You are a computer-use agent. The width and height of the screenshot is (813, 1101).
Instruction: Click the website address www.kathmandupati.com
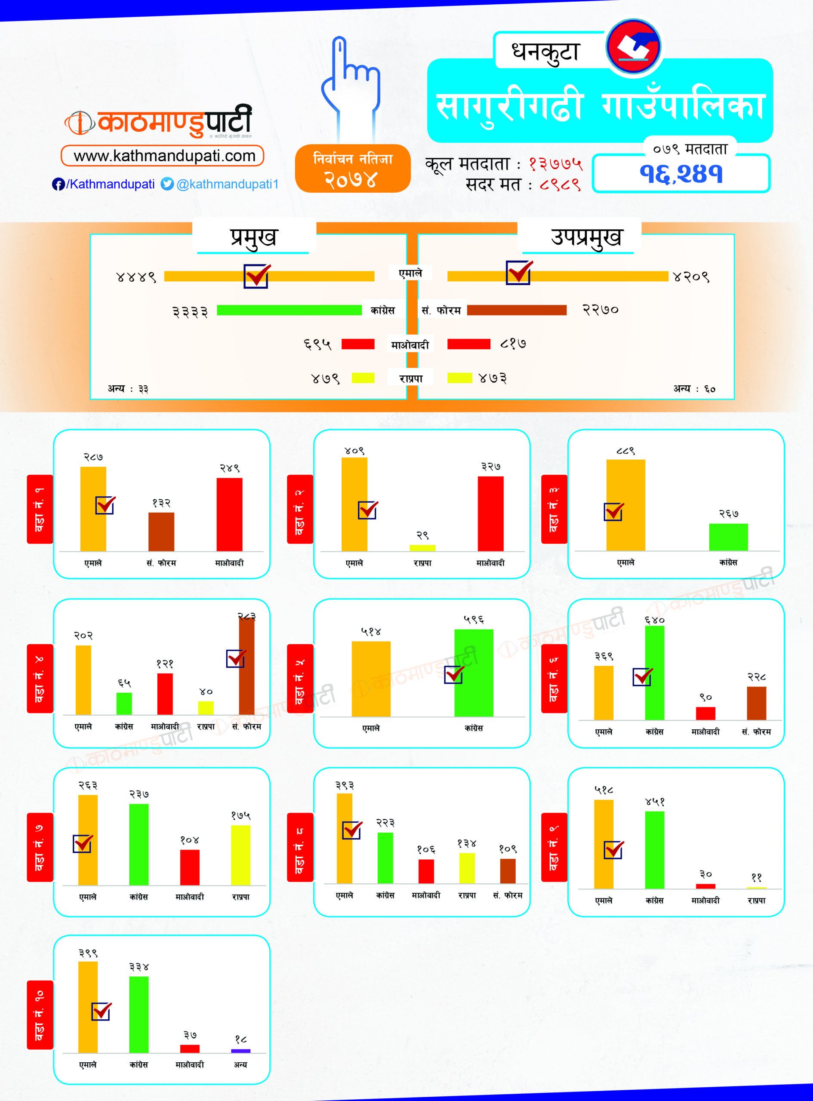[x=164, y=157]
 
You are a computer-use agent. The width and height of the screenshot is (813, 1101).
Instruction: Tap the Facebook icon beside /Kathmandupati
[x=58, y=185]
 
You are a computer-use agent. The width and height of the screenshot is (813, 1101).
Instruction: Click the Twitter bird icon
[x=167, y=184]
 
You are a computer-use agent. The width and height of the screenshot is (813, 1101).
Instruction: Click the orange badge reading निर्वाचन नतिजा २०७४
[x=352, y=169]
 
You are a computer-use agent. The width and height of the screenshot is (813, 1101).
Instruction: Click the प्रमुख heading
[x=253, y=237]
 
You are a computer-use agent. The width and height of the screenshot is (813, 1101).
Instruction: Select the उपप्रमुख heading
[x=585, y=237]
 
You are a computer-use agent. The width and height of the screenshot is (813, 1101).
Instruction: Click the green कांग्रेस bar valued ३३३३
[x=289, y=311]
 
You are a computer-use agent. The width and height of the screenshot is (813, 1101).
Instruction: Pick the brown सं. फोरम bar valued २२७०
[x=517, y=311]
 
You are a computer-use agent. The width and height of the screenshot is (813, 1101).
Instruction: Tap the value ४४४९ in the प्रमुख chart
[x=136, y=277]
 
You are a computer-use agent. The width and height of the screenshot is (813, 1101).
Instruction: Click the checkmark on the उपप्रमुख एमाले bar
[x=519, y=272]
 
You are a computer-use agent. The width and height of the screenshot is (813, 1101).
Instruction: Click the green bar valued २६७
[x=728, y=537]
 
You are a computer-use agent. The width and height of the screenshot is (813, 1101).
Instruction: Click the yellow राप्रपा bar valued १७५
[x=240, y=855]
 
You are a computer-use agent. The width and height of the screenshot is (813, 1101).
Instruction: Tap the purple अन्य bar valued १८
[x=240, y=1051]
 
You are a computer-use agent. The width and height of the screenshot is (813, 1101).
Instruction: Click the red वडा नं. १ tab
[x=40, y=509]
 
